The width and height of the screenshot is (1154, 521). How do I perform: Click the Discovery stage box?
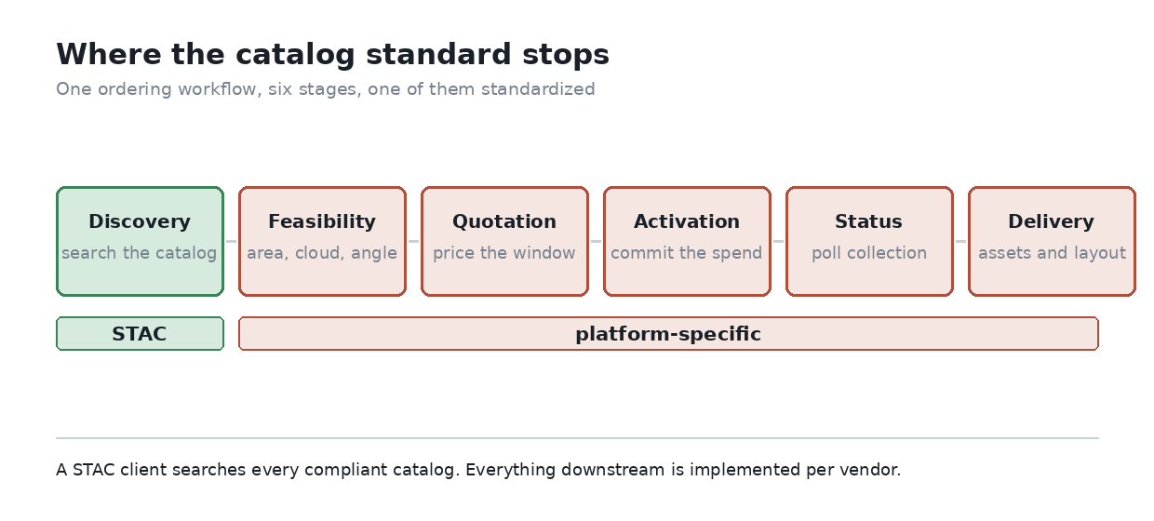pyautogui.click(x=140, y=242)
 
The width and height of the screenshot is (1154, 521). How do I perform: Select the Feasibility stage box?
pyautogui.click(x=322, y=242)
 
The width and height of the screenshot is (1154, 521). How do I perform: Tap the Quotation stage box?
pyautogui.click(x=504, y=242)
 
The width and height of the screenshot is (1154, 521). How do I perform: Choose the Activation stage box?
pyautogui.click(x=687, y=242)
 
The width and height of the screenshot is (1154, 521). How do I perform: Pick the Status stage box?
pyautogui.click(x=869, y=242)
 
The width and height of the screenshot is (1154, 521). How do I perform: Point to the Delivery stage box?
pyautogui.click(x=1052, y=242)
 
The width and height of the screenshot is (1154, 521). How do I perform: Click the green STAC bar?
pyautogui.click(x=140, y=334)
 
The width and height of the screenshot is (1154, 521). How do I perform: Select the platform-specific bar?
pyautogui.click(x=668, y=334)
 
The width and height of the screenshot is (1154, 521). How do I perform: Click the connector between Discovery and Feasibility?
pyautogui.click(x=232, y=242)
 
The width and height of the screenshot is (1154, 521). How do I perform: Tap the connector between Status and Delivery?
pyautogui.click(x=960, y=242)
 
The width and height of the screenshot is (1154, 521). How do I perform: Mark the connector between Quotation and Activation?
pyautogui.click(x=596, y=242)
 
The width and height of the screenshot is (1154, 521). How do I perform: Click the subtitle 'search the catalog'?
pyautogui.click(x=139, y=253)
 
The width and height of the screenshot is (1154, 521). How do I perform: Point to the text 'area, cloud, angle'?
pyautogui.click(x=322, y=253)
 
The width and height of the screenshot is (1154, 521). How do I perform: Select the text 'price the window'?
pyautogui.click(x=503, y=253)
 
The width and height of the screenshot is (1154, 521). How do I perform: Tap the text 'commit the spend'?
pyautogui.click(x=686, y=253)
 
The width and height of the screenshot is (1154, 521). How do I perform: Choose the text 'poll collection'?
pyautogui.click(x=869, y=253)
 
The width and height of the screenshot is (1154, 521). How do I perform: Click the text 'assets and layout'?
pyautogui.click(x=1052, y=253)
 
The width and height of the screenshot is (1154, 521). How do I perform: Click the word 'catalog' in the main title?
pyautogui.click(x=295, y=55)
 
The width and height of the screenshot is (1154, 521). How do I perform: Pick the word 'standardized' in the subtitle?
pyautogui.click(x=538, y=89)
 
